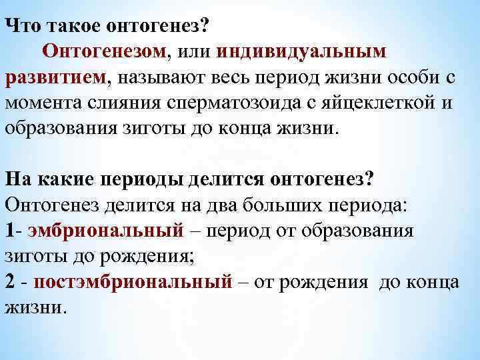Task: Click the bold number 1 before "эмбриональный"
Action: (x=9, y=231)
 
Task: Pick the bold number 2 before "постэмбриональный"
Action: (x=10, y=282)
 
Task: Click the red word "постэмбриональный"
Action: (x=131, y=282)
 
